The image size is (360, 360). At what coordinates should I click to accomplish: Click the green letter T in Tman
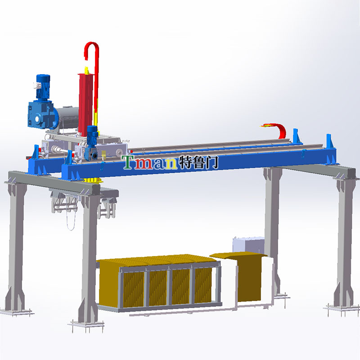(128, 162)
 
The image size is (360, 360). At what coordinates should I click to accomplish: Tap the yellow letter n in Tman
(171, 163)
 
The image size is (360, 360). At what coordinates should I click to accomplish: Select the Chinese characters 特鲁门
(198, 162)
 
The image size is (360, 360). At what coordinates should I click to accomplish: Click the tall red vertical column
(85, 104)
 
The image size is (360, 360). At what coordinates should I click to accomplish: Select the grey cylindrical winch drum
(67, 118)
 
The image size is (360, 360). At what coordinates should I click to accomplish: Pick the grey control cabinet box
(248, 245)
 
